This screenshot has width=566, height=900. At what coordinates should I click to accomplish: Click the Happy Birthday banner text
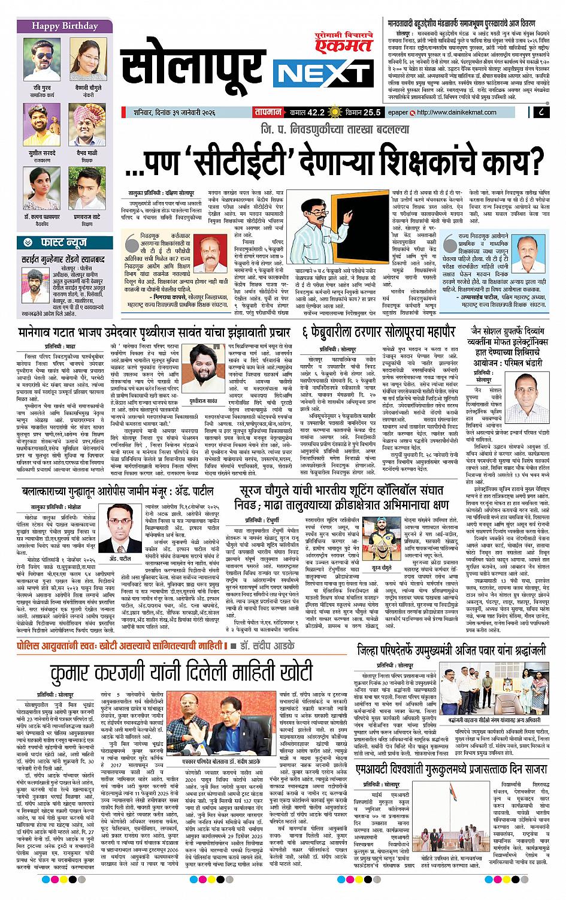pyautogui.click(x=56, y=26)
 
